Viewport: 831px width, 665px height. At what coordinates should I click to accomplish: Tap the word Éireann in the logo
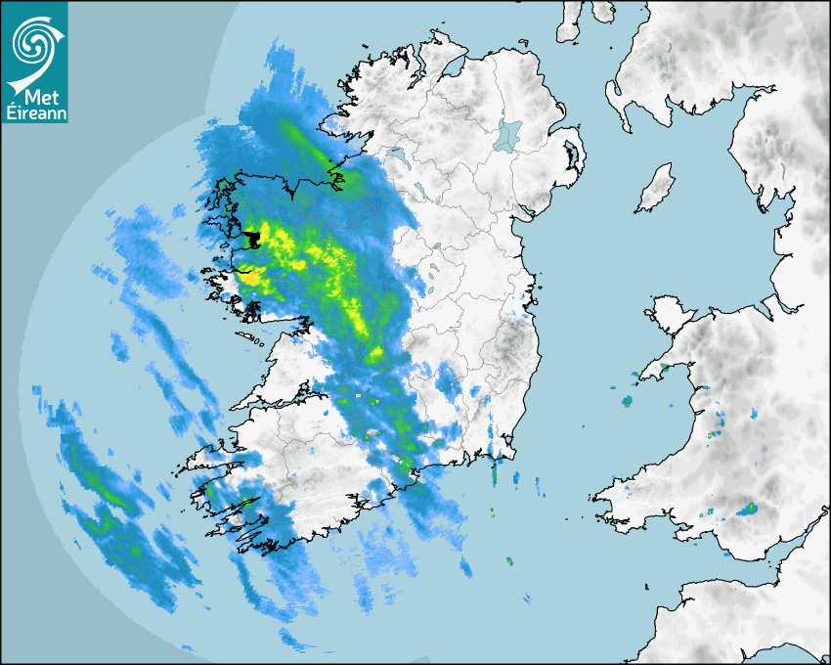click(x=35, y=113)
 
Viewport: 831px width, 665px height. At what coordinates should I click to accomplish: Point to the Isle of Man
click(x=656, y=189)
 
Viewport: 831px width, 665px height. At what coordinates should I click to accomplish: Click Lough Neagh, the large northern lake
click(x=507, y=134)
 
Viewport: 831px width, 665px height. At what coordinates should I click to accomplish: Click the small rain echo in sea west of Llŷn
click(x=627, y=401)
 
